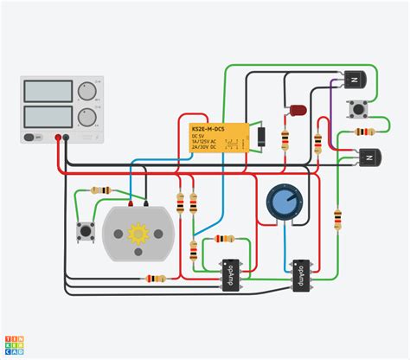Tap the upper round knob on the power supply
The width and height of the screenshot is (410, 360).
click(86, 92)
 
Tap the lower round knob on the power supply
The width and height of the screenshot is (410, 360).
click(86, 117)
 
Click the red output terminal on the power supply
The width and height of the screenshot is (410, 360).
click(61, 137)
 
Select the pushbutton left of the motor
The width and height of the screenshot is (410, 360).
click(86, 232)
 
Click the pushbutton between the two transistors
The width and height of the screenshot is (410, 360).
click(355, 109)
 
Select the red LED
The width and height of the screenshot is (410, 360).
click(297, 112)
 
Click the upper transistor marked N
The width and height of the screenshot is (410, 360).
click(354, 79)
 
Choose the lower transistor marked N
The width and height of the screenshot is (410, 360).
click(370, 157)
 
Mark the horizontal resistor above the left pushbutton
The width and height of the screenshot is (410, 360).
click(102, 190)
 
